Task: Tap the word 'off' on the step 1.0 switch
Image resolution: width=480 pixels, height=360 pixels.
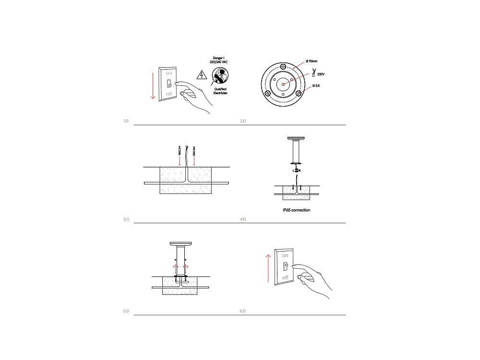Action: click(x=169, y=95)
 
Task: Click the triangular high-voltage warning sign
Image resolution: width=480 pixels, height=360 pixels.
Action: click(x=202, y=75)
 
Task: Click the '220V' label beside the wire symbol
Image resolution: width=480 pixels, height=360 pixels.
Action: click(x=321, y=74)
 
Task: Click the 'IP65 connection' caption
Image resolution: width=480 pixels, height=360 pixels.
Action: click(x=297, y=210)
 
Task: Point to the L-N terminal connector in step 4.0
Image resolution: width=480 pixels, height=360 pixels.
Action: click(x=297, y=170)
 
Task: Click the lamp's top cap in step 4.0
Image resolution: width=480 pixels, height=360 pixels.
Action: click(x=297, y=138)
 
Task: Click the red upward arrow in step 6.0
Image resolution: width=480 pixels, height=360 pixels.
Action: click(x=265, y=269)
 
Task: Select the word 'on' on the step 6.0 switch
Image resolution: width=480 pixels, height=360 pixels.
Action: click(x=285, y=256)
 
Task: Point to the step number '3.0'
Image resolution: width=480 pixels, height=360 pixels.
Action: click(x=126, y=219)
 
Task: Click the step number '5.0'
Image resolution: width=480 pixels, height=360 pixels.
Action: click(x=126, y=312)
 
